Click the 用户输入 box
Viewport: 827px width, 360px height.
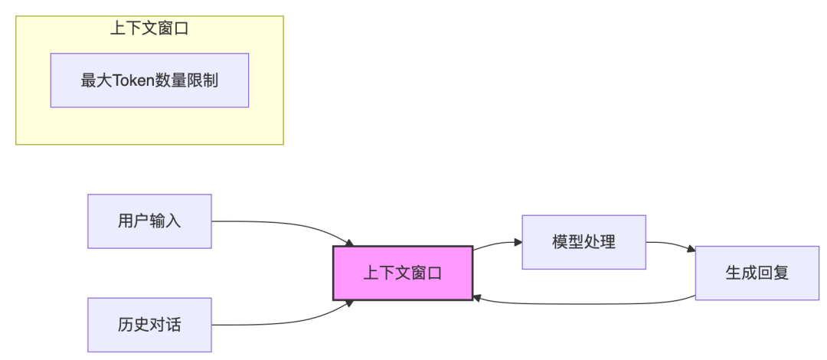click(x=149, y=221)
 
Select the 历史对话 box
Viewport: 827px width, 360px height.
click(x=149, y=325)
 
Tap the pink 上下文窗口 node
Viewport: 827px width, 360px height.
click(x=403, y=273)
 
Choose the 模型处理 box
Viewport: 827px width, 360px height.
click(x=583, y=242)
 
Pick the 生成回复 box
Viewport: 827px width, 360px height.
click(x=757, y=273)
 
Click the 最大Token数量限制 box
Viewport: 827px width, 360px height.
click(x=149, y=80)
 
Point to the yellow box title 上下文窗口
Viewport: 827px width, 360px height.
click(x=149, y=29)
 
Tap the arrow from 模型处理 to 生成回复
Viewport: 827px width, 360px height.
click(x=671, y=244)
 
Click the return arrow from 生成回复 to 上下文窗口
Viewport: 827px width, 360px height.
click(x=582, y=303)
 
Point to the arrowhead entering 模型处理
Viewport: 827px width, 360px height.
click(x=518, y=242)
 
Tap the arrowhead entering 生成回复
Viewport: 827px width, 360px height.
click(x=691, y=250)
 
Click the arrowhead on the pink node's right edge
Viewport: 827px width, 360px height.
click(x=477, y=297)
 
